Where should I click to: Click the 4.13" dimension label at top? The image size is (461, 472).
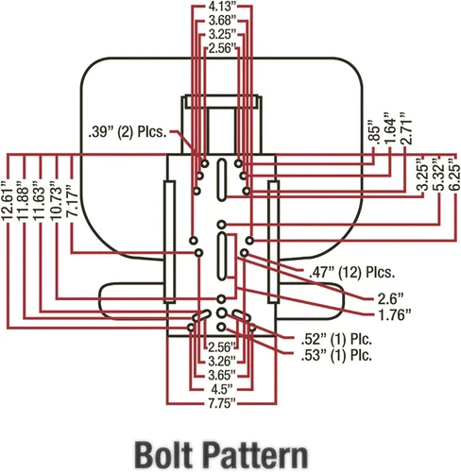coord(222,6)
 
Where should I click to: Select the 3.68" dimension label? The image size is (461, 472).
coord(222,21)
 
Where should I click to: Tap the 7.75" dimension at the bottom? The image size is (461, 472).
coord(222,403)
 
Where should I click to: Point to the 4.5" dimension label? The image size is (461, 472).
coord(222,389)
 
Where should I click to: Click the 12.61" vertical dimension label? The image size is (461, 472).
coord(7,200)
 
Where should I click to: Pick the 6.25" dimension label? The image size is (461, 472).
coord(455,174)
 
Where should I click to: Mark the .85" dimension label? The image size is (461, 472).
coord(374,133)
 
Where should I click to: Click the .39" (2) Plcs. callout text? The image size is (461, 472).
coord(128,132)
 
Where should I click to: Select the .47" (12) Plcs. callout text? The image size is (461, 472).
coord(351,273)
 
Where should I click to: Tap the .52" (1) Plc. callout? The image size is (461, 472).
coord(336,339)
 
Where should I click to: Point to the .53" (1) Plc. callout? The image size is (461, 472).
coord(336,356)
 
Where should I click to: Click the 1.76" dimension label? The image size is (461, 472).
coord(394,315)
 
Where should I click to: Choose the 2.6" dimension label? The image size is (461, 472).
coord(390,299)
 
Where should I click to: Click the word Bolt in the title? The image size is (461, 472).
coord(163,455)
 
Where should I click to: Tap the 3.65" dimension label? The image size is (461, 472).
coord(222,375)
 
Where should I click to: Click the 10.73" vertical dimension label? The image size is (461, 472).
coord(56,200)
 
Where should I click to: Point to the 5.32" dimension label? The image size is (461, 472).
coord(439,174)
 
